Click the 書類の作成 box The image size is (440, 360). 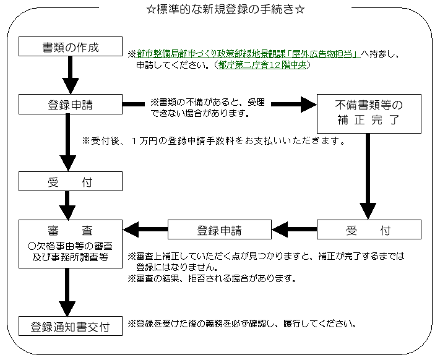71,46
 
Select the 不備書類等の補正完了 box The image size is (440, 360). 368,113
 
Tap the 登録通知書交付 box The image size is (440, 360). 71,325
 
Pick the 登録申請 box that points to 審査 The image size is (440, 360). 219,231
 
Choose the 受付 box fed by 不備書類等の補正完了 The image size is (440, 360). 368,231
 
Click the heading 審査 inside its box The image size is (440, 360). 71,231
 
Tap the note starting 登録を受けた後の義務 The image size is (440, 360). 241,324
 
